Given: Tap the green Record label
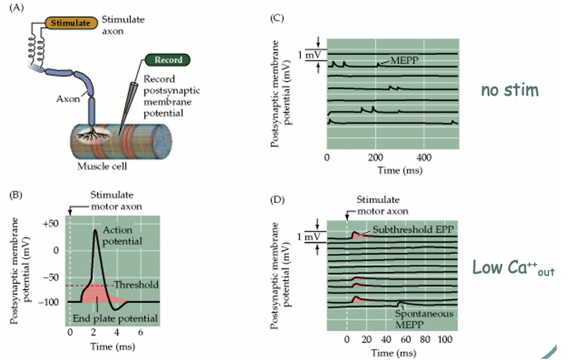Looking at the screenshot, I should click(168, 60).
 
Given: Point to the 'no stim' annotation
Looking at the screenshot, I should click(509, 90).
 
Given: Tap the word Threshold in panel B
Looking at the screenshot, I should click(136, 285).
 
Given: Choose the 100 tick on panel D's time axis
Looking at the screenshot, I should click(445, 339).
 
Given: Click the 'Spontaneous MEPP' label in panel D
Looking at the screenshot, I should click(431, 318).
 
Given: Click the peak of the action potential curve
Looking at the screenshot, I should click(95, 230).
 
